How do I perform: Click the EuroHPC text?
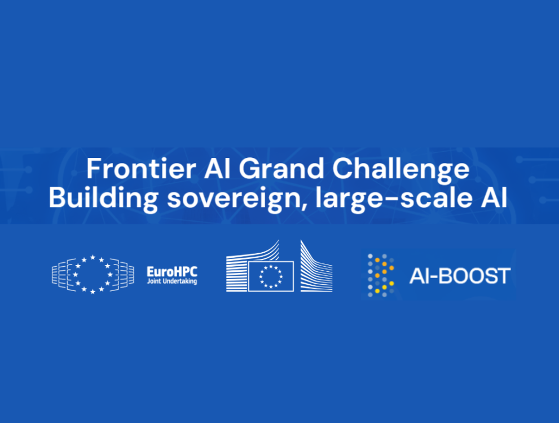pos(172,271)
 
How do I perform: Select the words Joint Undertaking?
pos(172,281)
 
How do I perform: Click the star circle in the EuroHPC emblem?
pos(93,274)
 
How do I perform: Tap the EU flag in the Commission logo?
pos(271,276)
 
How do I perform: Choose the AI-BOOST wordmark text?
pos(459,276)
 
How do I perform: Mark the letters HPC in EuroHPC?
pos(186,271)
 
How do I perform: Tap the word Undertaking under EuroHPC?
pos(180,281)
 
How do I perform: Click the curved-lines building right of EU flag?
pos(316,268)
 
